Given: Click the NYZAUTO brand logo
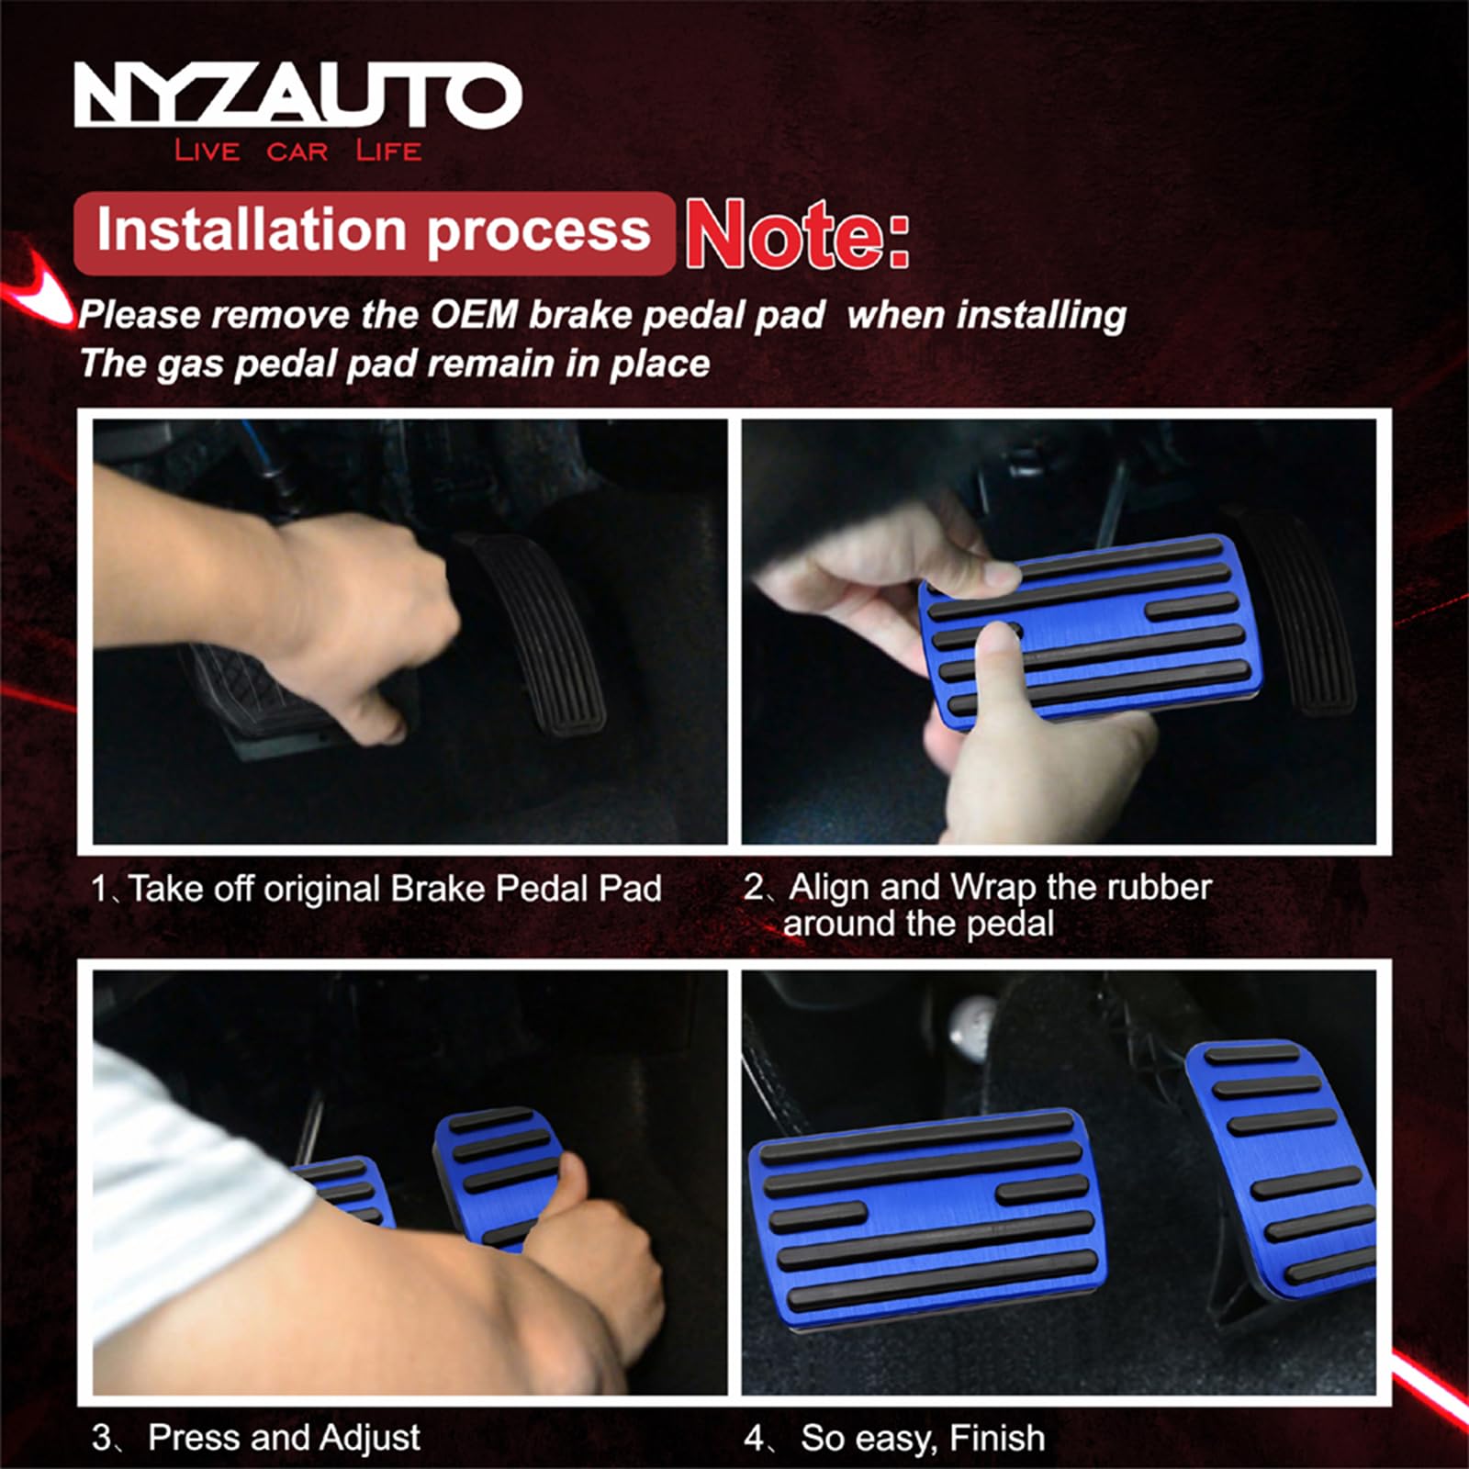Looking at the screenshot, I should coord(297,95).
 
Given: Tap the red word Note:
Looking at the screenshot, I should coord(797,234).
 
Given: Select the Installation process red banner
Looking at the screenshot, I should coord(374,231).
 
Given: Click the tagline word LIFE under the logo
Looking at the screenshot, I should coord(388,151).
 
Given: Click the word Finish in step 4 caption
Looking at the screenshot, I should coord(997,1438).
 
